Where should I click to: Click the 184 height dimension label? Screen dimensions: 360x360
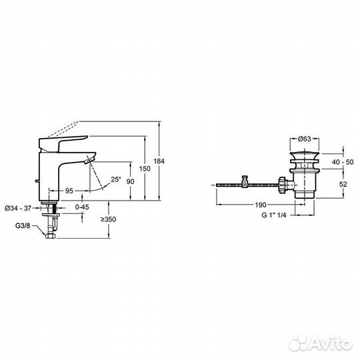click(159, 161)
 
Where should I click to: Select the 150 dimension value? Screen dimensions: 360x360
click(145, 169)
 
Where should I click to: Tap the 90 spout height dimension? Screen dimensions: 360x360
click(130, 181)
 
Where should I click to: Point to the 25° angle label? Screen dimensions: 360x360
click(116, 179)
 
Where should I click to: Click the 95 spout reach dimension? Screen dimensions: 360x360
click(69, 191)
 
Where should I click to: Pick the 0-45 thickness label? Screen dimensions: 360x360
click(82, 207)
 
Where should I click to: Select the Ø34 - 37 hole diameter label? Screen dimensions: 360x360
click(18, 208)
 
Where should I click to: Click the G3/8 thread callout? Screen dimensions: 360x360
click(23, 226)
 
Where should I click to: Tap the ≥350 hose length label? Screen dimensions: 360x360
click(108, 219)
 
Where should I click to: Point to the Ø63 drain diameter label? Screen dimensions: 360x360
click(304, 139)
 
